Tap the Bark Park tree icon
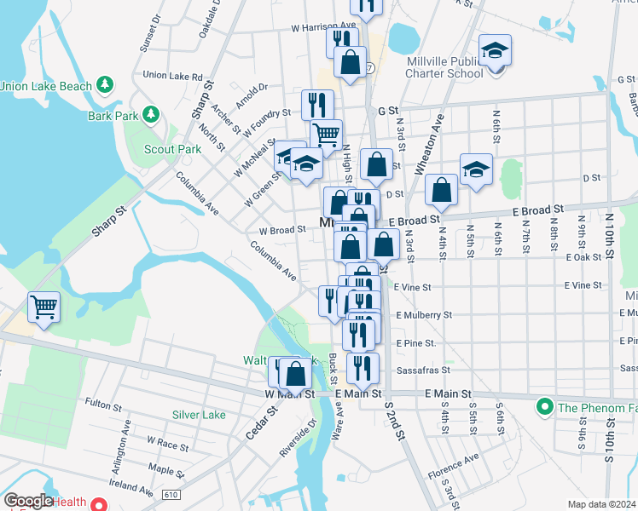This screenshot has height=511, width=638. (151, 114)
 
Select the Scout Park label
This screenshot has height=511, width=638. (172, 149)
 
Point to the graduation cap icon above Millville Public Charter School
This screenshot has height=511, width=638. (494, 49)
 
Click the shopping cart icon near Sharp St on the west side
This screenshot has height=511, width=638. (43, 307)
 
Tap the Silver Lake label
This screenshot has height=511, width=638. (199, 415)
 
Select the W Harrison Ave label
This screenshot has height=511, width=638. (323, 26)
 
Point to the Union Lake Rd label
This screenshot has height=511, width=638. (172, 76)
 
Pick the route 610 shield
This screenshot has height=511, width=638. (171, 493)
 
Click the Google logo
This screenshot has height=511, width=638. (28, 502)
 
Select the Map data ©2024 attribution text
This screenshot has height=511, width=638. (601, 504)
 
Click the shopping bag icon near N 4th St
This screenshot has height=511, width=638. (441, 190)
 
